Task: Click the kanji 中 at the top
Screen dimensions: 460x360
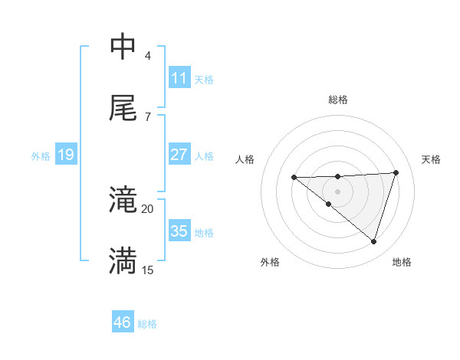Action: coord(123,47)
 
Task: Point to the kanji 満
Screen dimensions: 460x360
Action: coord(123,261)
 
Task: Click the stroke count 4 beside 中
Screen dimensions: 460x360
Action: coord(147,56)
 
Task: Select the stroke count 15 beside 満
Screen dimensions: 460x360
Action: coord(147,270)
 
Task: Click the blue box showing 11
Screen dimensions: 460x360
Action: coord(179,78)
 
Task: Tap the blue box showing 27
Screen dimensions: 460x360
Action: coord(179,155)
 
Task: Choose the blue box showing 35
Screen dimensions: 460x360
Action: coord(179,231)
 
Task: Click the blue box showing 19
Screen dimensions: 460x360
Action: coord(65,155)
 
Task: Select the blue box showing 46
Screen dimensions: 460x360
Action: coord(122,323)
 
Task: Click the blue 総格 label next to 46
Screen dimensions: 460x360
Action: coord(147,324)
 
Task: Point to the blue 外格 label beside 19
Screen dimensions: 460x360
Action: coord(41,155)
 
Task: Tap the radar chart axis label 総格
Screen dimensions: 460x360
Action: coord(338,100)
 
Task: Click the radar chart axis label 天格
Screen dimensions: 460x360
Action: coord(431,159)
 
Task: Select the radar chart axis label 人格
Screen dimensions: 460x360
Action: coord(245,159)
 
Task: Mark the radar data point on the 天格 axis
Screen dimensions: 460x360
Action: coord(396,172)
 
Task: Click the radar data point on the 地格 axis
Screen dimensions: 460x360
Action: coord(373,241)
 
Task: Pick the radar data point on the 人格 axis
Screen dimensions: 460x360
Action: coord(294,178)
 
